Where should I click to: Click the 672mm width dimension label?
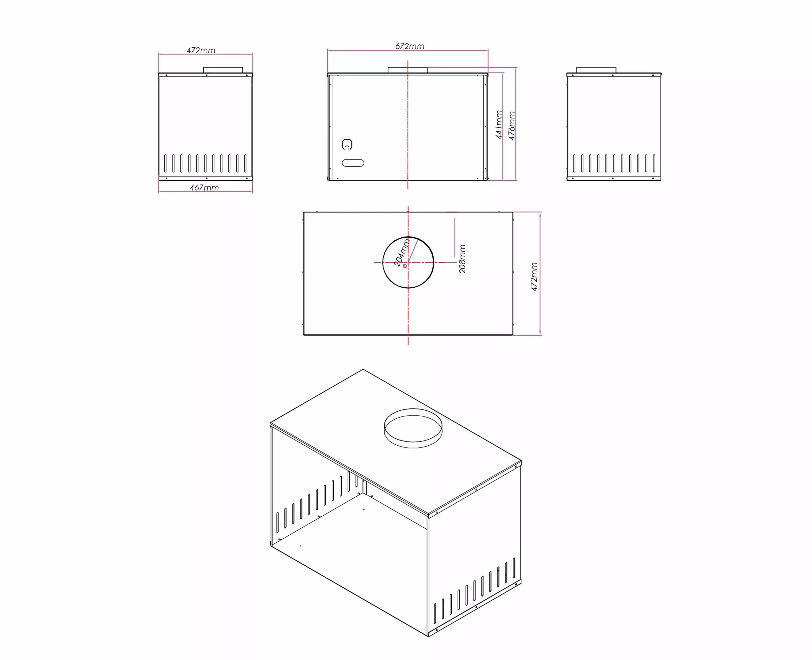click(x=409, y=46)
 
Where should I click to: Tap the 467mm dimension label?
click(x=204, y=187)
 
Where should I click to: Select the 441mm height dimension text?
click(x=499, y=124)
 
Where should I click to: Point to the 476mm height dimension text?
click(x=512, y=126)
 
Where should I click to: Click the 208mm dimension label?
click(x=462, y=258)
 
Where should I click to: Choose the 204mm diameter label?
click(x=402, y=253)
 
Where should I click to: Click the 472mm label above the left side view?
click(x=201, y=50)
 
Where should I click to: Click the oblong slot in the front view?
click(x=353, y=163)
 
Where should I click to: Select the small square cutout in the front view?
click(x=347, y=145)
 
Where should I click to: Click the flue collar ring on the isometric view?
click(x=413, y=428)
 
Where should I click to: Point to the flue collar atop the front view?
click(x=408, y=70)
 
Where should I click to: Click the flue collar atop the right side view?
click(x=596, y=70)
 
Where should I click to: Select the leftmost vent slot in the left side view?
click(x=165, y=163)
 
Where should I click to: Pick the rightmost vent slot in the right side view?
click(x=654, y=163)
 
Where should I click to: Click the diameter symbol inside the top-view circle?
click(x=404, y=266)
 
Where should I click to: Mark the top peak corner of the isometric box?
click(x=363, y=369)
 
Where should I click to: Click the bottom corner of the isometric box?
click(x=428, y=637)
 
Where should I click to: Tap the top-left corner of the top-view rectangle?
click(x=304, y=212)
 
